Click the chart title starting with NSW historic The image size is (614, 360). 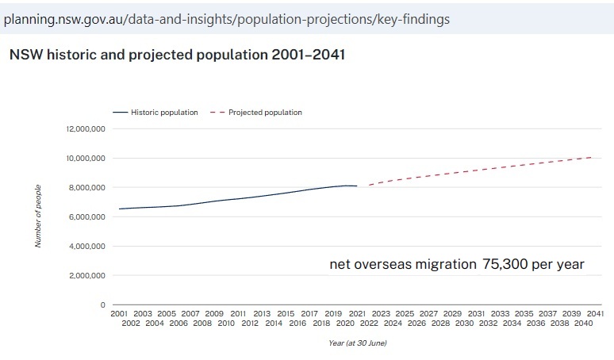click(x=176, y=56)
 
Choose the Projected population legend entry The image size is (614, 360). click(x=265, y=113)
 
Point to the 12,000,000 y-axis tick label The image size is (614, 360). click(x=86, y=128)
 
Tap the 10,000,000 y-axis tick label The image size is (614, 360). click(x=86, y=158)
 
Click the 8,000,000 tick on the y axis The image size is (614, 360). click(x=87, y=187)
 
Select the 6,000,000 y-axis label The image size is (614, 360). click(x=87, y=216)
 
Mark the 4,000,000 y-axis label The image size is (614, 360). click(x=87, y=246)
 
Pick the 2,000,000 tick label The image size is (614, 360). click(x=87, y=275)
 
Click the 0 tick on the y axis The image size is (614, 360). click(x=102, y=304)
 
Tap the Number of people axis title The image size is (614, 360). click(x=37, y=216)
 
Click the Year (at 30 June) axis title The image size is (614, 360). click(x=357, y=343)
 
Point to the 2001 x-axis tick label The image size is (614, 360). click(x=119, y=314)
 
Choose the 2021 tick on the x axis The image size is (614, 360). click(x=358, y=314)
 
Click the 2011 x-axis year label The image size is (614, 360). click(x=238, y=314)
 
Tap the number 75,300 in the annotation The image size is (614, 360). click(x=506, y=265)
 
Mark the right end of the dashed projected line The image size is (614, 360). click(x=591, y=157)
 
